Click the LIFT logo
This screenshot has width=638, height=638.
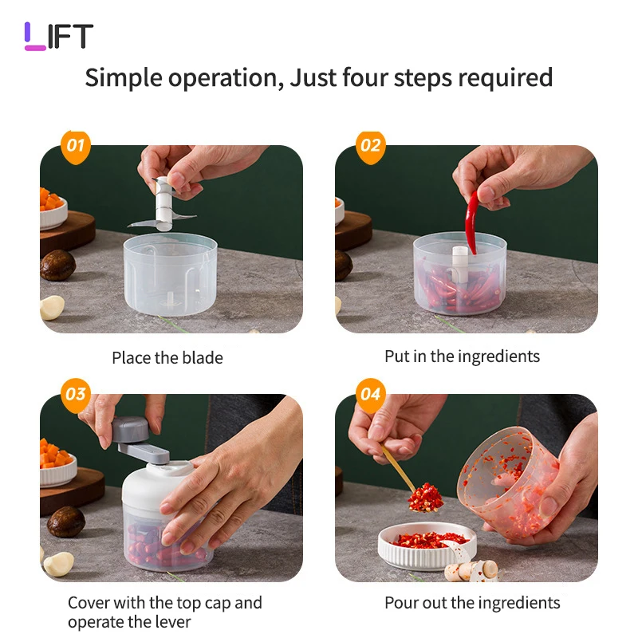tap(59, 36)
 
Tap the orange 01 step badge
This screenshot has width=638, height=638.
tap(76, 147)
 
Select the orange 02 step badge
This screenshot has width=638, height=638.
tap(370, 147)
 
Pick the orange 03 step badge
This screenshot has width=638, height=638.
tap(76, 395)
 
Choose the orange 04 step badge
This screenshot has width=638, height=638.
tap(370, 395)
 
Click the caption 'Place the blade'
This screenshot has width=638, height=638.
tap(167, 358)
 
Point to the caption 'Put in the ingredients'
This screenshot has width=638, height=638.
tap(463, 356)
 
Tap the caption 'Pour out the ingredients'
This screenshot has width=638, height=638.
tap(472, 603)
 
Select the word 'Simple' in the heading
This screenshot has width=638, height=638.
tap(124, 78)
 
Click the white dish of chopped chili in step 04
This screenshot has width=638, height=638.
tap(427, 545)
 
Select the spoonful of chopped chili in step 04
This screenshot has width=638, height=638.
tap(426, 497)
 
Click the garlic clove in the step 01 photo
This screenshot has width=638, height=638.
tap(52, 307)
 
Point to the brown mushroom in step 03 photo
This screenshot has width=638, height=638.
tap(66, 522)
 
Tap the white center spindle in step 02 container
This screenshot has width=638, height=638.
tap(460, 264)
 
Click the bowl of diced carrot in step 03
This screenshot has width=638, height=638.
tap(57, 464)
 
